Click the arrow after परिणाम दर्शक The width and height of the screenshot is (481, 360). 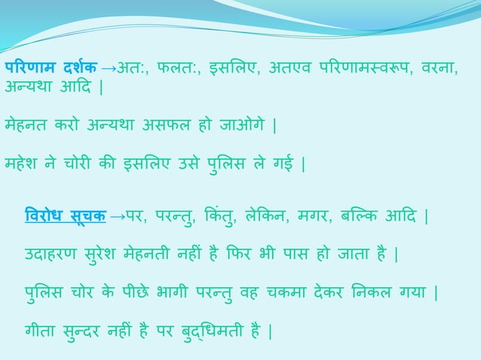coord(109,69)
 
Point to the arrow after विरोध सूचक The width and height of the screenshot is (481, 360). coord(117,218)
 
